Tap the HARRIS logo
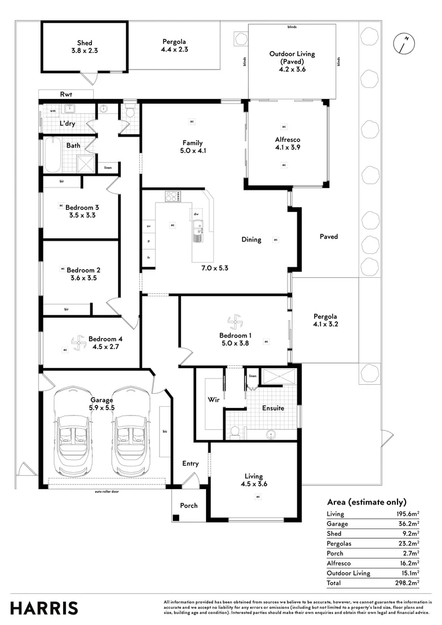pos(43,608)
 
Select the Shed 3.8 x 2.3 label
pos(84,47)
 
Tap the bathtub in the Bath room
pos(53,155)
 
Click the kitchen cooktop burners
pos(172,197)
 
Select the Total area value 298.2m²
pos(407,583)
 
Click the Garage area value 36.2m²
pos(408,523)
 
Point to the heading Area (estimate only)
pos(366,502)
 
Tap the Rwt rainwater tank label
pos(65,94)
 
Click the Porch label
pos(189,505)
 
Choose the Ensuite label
pos(273,408)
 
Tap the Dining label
pos(251,240)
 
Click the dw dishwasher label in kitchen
pos(197,214)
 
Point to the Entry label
pos(190,464)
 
